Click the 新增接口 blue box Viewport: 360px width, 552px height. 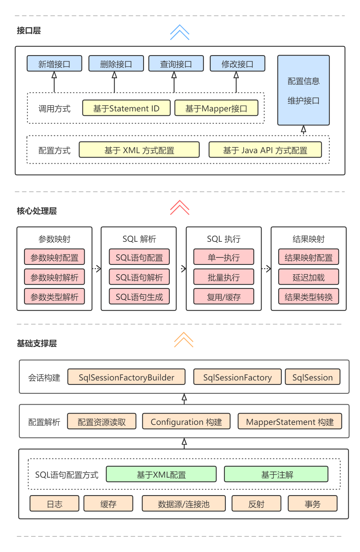point(54,64)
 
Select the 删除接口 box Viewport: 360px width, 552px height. point(116,64)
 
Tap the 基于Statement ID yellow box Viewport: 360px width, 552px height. point(126,108)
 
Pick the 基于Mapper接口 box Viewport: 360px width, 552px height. point(216,108)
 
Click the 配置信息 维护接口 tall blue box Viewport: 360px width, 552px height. point(303,90)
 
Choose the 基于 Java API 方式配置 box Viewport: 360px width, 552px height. point(265,150)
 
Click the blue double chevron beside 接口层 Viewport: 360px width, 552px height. point(180,32)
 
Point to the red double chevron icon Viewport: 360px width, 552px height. point(180,207)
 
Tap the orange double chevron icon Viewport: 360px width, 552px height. point(183,340)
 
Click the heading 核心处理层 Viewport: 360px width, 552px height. point(37,211)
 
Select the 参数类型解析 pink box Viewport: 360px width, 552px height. point(54,297)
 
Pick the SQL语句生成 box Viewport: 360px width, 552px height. point(139,297)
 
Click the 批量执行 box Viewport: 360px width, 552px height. point(224,277)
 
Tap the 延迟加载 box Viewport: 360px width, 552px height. point(308,277)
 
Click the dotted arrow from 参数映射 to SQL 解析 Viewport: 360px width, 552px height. point(97,269)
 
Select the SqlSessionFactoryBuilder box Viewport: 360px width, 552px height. point(126,377)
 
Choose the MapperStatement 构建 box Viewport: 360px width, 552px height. point(289,422)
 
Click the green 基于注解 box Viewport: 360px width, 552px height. point(276,474)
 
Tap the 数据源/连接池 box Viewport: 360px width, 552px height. point(183,504)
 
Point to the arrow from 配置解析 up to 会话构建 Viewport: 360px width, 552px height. point(184,399)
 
